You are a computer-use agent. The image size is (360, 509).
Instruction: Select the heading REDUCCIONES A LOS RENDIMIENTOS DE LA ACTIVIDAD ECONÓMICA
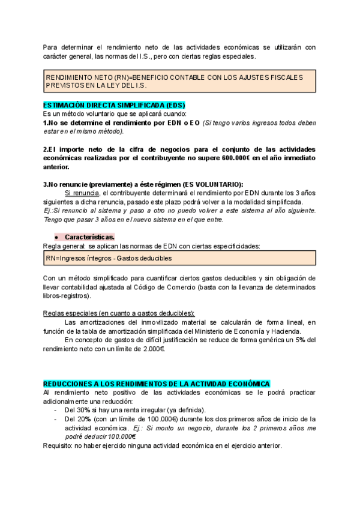pos(157,383)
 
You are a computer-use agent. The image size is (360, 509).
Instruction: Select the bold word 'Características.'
pos(90,237)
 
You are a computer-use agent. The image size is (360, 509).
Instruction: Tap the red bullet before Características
pos(55,237)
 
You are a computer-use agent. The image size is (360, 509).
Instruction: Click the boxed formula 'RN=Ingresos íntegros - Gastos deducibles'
pos(109,258)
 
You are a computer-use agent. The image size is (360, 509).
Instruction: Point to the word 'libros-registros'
pos(67,295)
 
